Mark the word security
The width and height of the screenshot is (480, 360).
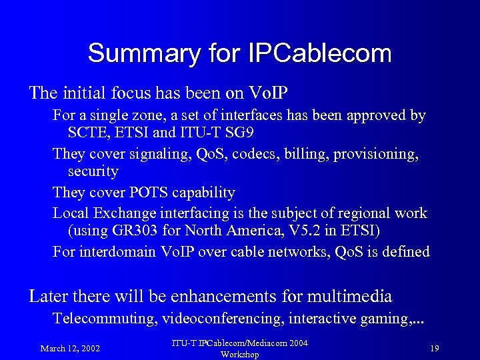tap(93, 171)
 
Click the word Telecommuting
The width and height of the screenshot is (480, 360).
tap(104, 318)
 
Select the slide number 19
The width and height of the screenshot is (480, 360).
tap(434, 348)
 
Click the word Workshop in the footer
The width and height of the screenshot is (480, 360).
tap(239, 354)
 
